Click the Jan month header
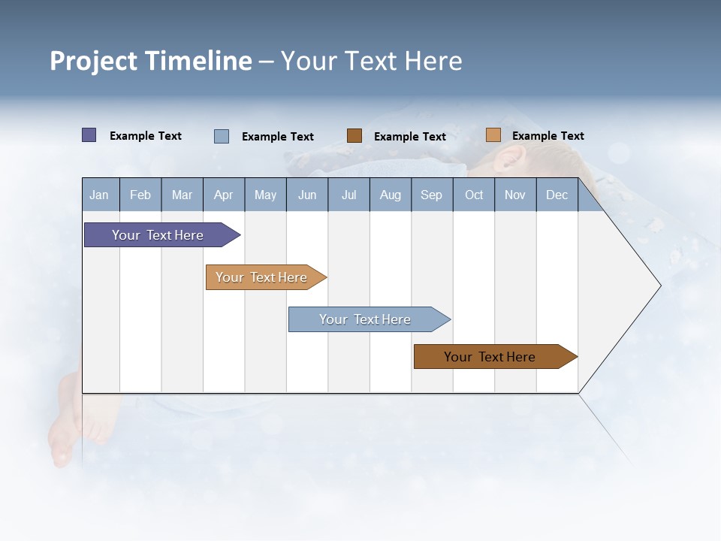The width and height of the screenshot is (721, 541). point(100,195)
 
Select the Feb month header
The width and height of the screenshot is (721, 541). point(140,195)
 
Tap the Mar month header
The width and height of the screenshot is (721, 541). point(182,195)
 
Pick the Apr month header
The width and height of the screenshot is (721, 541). point(224,195)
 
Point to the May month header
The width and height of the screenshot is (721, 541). point(265,195)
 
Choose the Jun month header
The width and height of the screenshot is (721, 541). point(307,195)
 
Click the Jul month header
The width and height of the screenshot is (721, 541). point(348,195)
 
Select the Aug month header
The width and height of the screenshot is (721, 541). point(391,195)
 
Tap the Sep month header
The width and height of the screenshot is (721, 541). point(432,195)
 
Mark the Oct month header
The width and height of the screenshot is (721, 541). point(474,195)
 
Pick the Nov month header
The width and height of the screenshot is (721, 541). point(515,195)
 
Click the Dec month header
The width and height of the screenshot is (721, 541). point(557,195)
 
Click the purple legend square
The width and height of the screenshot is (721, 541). point(89,135)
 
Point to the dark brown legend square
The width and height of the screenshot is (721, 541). point(354,136)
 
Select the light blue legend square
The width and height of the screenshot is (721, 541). point(222,136)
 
